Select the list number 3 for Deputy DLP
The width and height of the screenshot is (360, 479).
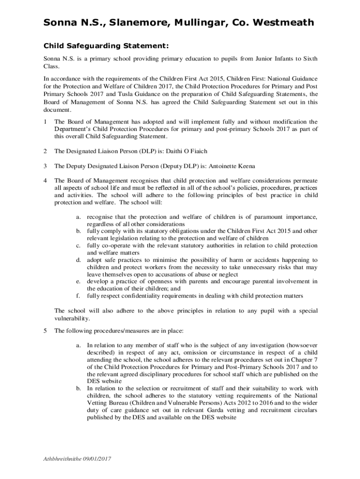pos(45,166)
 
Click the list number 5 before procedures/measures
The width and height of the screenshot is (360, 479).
pos(45,331)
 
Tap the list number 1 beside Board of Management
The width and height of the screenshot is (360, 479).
pos(45,122)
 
